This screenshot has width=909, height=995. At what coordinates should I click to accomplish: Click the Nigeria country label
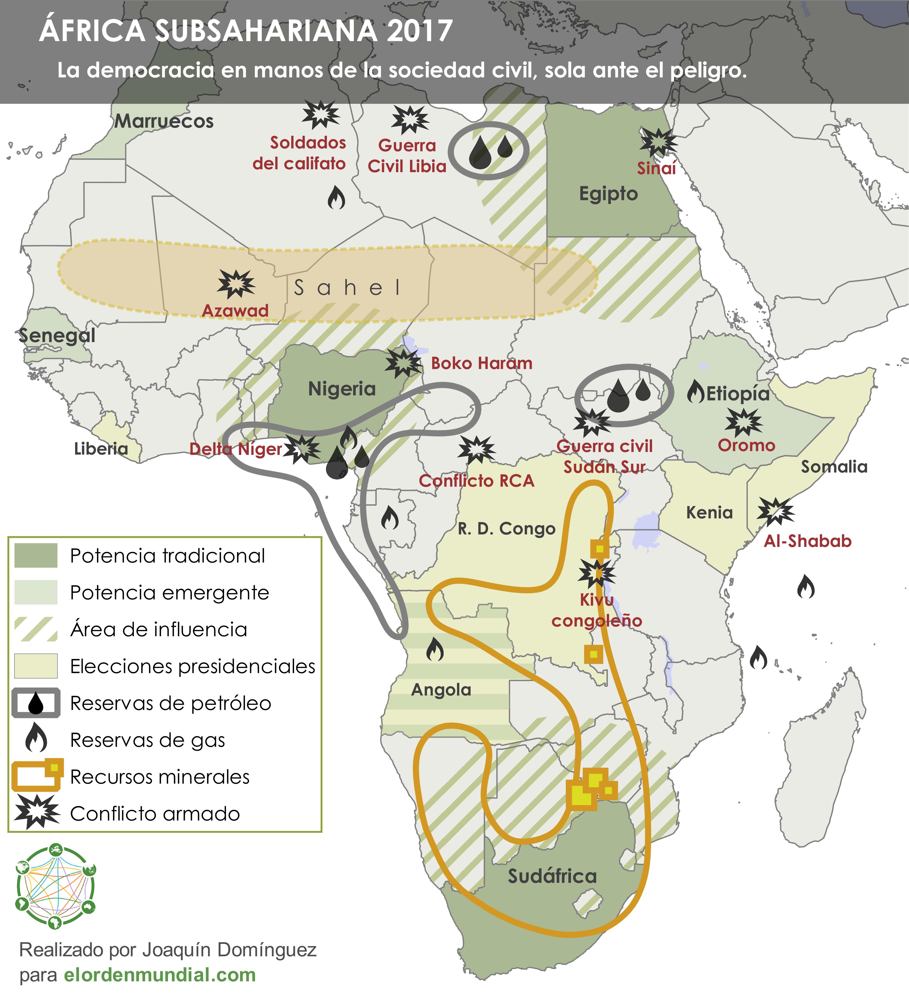(341, 389)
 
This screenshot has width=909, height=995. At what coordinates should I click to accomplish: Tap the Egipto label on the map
(608, 194)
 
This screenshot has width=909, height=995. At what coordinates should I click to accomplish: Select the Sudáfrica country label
(552, 876)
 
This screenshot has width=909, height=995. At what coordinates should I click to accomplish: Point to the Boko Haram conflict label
(482, 363)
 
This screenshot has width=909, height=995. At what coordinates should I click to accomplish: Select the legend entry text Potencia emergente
(169, 592)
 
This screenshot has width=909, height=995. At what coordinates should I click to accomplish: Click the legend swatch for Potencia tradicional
(36, 556)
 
